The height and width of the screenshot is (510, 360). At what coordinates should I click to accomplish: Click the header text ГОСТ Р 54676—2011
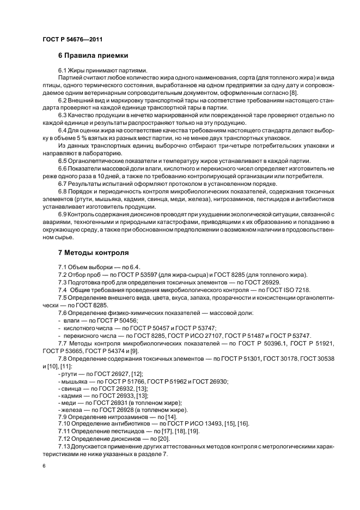click(x=72, y=39)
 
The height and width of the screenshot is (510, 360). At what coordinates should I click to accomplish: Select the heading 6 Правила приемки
click(x=93, y=56)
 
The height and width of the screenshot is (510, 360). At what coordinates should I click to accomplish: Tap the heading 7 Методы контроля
click(x=93, y=253)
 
